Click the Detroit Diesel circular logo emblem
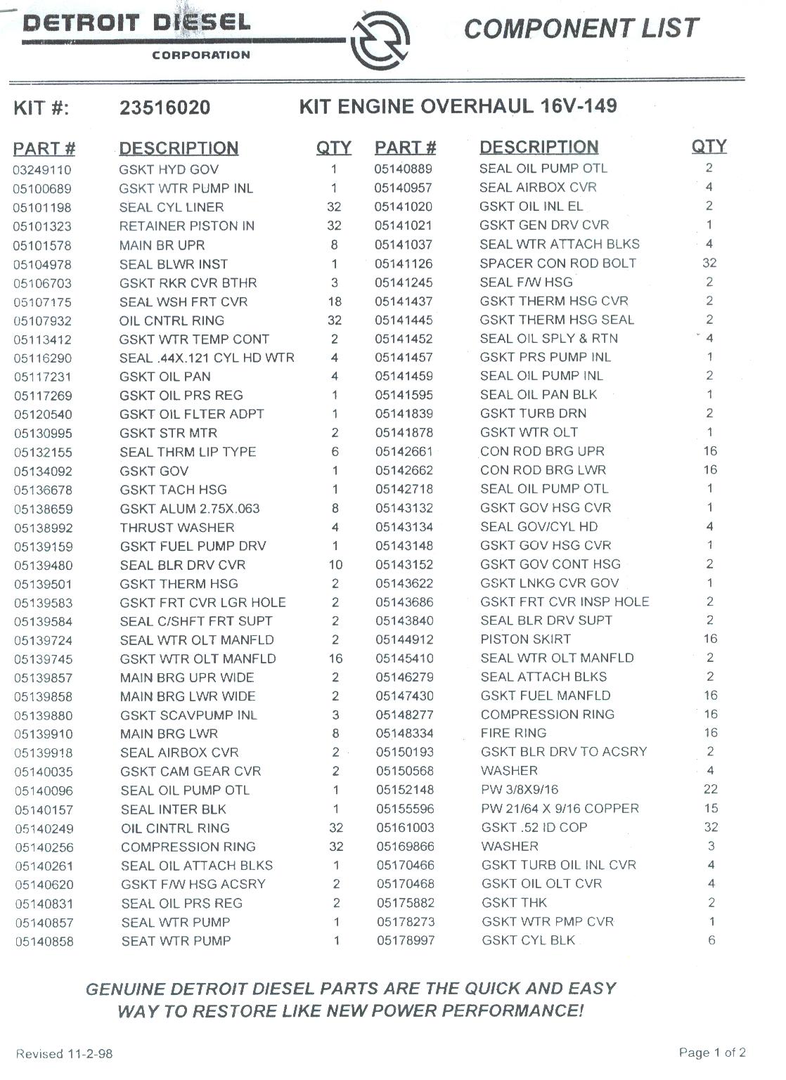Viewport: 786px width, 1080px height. point(380,44)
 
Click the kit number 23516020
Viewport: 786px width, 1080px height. point(165,108)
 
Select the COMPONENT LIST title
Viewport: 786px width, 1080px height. point(581,29)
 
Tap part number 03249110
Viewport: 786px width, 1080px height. point(42,170)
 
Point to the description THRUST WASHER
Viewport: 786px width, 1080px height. point(177,528)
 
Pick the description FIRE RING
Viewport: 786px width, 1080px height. point(514,734)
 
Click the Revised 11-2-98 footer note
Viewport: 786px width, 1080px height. point(64,1054)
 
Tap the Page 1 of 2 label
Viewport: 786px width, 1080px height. point(711,1053)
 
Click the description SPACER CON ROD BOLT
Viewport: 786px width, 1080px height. point(558,264)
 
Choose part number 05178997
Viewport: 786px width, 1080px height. point(406,941)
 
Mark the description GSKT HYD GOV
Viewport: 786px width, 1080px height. point(169,170)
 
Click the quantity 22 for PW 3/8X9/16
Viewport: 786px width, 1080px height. point(710,790)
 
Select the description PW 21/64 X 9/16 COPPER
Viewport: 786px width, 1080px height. point(560,809)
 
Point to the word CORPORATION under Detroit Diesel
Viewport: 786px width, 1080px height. point(201,55)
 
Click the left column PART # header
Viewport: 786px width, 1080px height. point(44,149)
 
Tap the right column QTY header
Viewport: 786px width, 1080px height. point(709,146)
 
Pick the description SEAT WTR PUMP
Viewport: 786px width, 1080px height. point(176,941)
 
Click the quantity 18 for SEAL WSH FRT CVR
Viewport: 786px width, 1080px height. point(335,302)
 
